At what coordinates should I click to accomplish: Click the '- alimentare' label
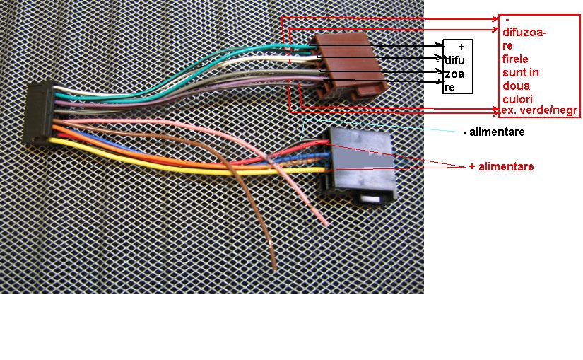click(x=494, y=132)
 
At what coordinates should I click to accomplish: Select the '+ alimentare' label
click(x=501, y=166)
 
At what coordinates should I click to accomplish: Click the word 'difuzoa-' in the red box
click(x=526, y=31)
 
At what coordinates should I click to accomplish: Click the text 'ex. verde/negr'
click(x=538, y=111)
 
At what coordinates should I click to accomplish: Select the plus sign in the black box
click(x=461, y=47)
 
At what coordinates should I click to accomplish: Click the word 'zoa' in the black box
click(x=454, y=74)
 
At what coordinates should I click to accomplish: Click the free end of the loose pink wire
click(x=325, y=223)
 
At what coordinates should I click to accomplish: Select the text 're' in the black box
click(x=449, y=88)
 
